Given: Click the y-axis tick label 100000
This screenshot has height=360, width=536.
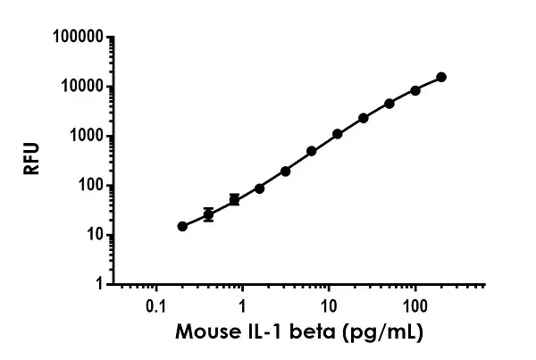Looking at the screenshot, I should [76, 38].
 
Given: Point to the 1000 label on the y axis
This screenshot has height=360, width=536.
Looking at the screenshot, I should [83, 137].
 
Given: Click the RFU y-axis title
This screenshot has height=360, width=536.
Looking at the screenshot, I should [33, 161].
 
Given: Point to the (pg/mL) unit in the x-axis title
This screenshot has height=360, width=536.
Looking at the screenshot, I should [380, 334].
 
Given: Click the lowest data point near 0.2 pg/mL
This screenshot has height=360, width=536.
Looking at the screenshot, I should [182, 226].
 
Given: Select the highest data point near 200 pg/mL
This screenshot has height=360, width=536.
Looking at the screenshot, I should [441, 78].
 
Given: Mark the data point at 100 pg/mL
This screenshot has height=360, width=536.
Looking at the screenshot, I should [415, 90].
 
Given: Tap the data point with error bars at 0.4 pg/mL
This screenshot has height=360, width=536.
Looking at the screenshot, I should [208, 215].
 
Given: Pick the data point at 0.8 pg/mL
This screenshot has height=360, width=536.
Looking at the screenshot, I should [234, 199].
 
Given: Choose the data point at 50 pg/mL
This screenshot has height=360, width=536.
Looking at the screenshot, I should [389, 104].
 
